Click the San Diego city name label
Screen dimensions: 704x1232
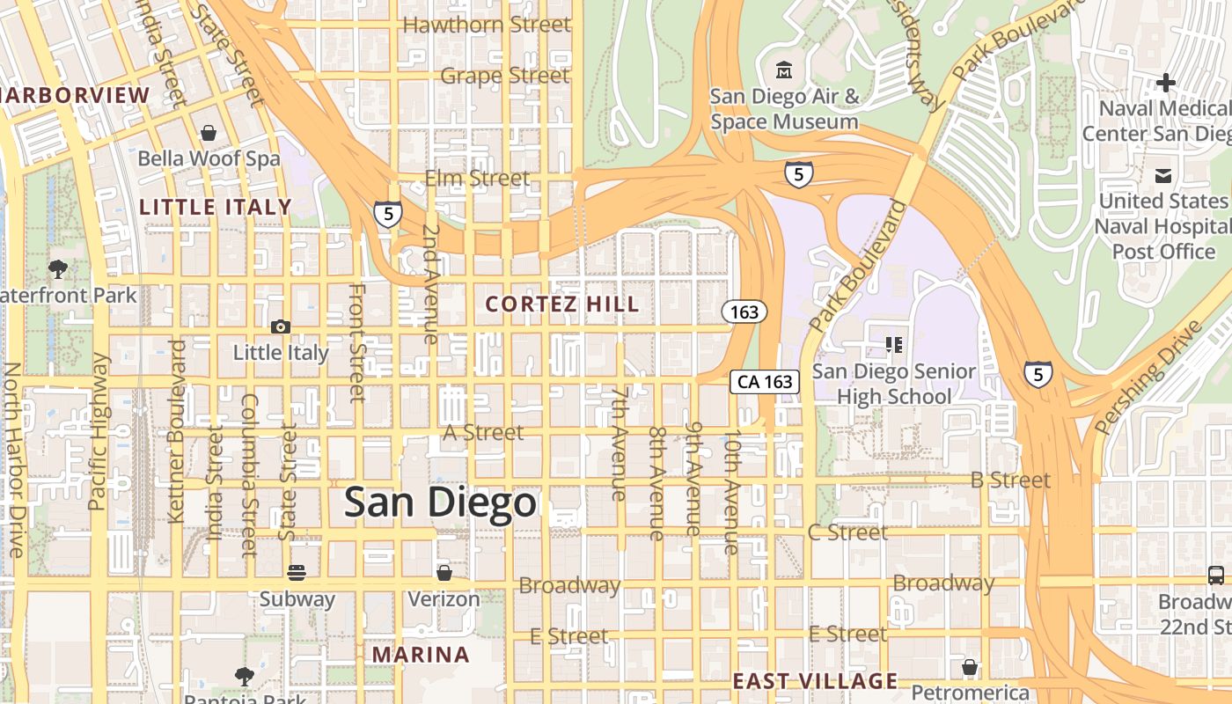pyautogui.click(x=439, y=502)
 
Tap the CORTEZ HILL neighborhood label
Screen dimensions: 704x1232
pyautogui.click(x=562, y=304)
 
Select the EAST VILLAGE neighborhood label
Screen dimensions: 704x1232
pyautogui.click(x=815, y=681)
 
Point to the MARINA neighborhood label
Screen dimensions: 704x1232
pyautogui.click(x=421, y=655)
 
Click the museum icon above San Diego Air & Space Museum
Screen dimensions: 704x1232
pyautogui.click(x=783, y=70)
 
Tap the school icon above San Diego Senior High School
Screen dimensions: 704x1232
pyautogui.click(x=894, y=344)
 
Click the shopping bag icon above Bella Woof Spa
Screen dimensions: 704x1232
pyautogui.click(x=209, y=133)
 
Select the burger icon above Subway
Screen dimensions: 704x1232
pyautogui.click(x=297, y=573)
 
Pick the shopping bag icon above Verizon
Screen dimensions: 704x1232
pyautogui.click(x=444, y=573)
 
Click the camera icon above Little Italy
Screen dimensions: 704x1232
pyautogui.click(x=281, y=326)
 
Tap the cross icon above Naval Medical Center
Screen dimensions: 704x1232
pyautogui.click(x=1166, y=83)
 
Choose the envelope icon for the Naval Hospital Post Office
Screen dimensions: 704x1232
pyautogui.click(x=1163, y=175)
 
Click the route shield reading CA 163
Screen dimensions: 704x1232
pyautogui.click(x=764, y=382)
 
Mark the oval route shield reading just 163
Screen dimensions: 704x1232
pyautogui.click(x=744, y=312)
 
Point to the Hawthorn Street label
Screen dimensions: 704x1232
pyautogui.click(x=487, y=25)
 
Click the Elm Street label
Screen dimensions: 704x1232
pyautogui.click(x=478, y=179)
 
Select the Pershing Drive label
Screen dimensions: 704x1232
pyautogui.click(x=1148, y=378)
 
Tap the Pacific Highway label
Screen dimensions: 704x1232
pyautogui.click(x=98, y=431)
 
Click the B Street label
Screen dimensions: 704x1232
pyautogui.click(x=1010, y=480)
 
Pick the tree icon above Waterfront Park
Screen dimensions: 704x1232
pyautogui.click(x=58, y=268)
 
